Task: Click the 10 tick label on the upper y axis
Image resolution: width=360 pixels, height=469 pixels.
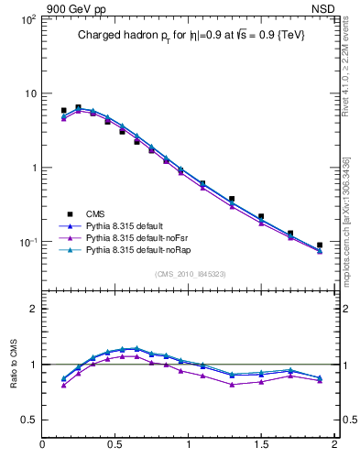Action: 29,93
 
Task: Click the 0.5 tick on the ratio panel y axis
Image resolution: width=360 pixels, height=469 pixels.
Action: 27,420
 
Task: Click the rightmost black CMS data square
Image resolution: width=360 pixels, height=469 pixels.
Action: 320,245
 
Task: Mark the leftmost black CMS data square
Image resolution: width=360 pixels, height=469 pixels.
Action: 63,111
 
